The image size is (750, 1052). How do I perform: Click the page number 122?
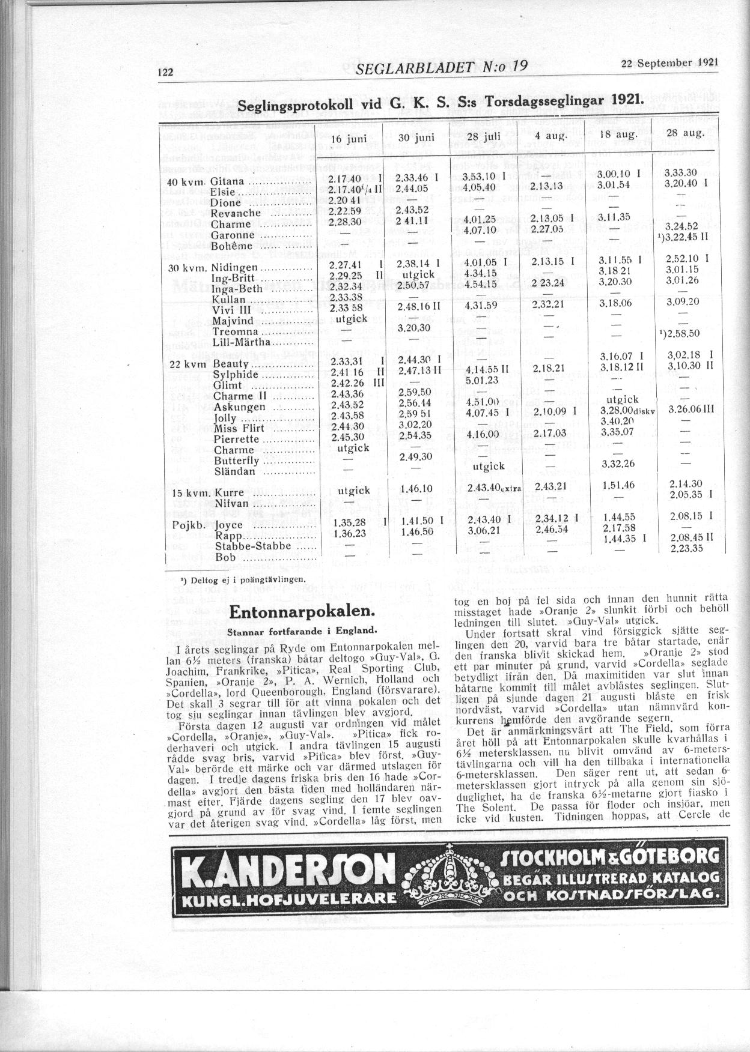[165, 72]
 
